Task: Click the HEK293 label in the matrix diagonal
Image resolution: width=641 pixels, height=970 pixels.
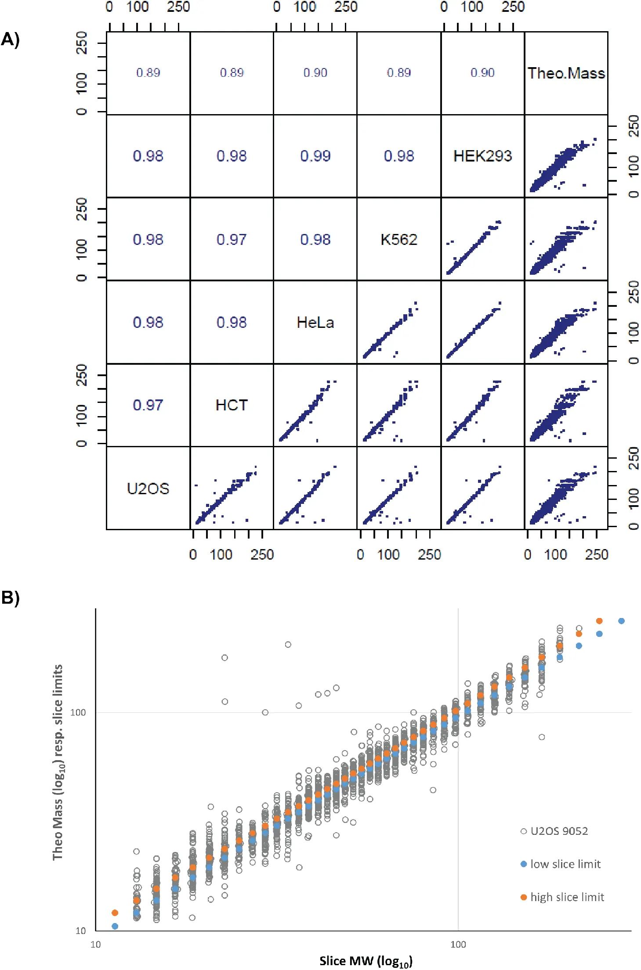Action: pyautogui.click(x=482, y=156)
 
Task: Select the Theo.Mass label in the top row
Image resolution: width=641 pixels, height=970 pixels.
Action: pyautogui.click(x=566, y=73)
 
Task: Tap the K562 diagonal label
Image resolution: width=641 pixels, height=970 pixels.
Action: pyautogui.click(x=398, y=239)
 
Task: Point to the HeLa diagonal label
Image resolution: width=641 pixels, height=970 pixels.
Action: pyautogui.click(x=315, y=323)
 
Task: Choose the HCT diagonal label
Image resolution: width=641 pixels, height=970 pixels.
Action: pyautogui.click(x=232, y=405)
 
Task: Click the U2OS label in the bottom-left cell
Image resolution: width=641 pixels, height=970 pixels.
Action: pyautogui.click(x=148, y=489)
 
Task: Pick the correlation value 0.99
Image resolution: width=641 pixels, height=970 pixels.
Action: pyautogui.click(x=315, y=156)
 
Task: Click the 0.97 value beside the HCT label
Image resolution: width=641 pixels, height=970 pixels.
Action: pyautogui.click(x=148, y=405)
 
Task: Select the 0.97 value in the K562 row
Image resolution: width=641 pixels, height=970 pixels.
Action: pyautogui.click(x=232, y=239)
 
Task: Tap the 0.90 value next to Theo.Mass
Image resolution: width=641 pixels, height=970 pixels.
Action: pyautogui.click(x=482, y=73)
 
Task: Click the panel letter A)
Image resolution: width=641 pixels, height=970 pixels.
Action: pyautogui.click(x=10, y=40)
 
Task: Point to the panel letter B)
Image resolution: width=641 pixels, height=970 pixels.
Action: pyautogui.click(x=10, y=598)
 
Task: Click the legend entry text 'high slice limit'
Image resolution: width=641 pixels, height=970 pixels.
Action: pyautogui.click(x=567, y=897)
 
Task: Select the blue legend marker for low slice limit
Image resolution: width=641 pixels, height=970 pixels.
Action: pyautogui.click(x=524, y=864)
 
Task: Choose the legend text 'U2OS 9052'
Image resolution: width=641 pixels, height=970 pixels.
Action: pyautogui.click(x=559, y=831)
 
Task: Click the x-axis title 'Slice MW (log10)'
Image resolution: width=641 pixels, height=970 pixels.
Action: pyautogui.click(x=366, y=961)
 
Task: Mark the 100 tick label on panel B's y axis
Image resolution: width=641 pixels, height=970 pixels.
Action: pyautogui.click(x=78, y=712)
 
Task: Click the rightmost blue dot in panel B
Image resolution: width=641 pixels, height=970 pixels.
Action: pyautogui.click(x=621, y=621)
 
